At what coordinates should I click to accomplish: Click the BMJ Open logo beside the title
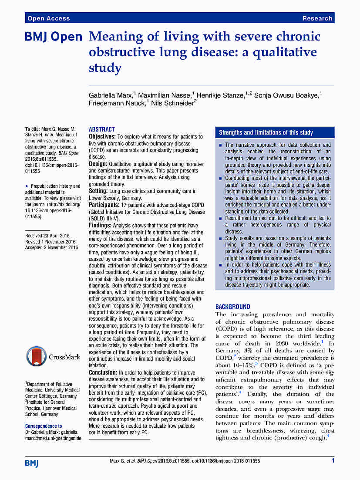(54, 37)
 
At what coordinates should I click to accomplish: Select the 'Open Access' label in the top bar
(48, 18)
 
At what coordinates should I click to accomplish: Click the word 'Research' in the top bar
(317, 18)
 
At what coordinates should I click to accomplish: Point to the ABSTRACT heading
(102, 129)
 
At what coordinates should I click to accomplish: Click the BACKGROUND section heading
(233, 307)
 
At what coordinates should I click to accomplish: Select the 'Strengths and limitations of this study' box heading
(266, 132)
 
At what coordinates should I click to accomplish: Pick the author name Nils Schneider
(172, 103)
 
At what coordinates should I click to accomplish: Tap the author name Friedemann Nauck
(117, 103)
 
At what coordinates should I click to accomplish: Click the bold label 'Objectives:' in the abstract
(103, 137)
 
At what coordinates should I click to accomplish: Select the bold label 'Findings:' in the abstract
(100, 226)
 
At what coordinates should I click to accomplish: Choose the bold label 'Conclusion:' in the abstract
(103, 373)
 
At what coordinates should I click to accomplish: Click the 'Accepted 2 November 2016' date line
(51, 247)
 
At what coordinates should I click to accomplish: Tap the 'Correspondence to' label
(44, 426)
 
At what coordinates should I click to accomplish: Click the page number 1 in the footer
(333, 460)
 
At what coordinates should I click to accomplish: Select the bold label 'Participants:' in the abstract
(104, 205)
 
